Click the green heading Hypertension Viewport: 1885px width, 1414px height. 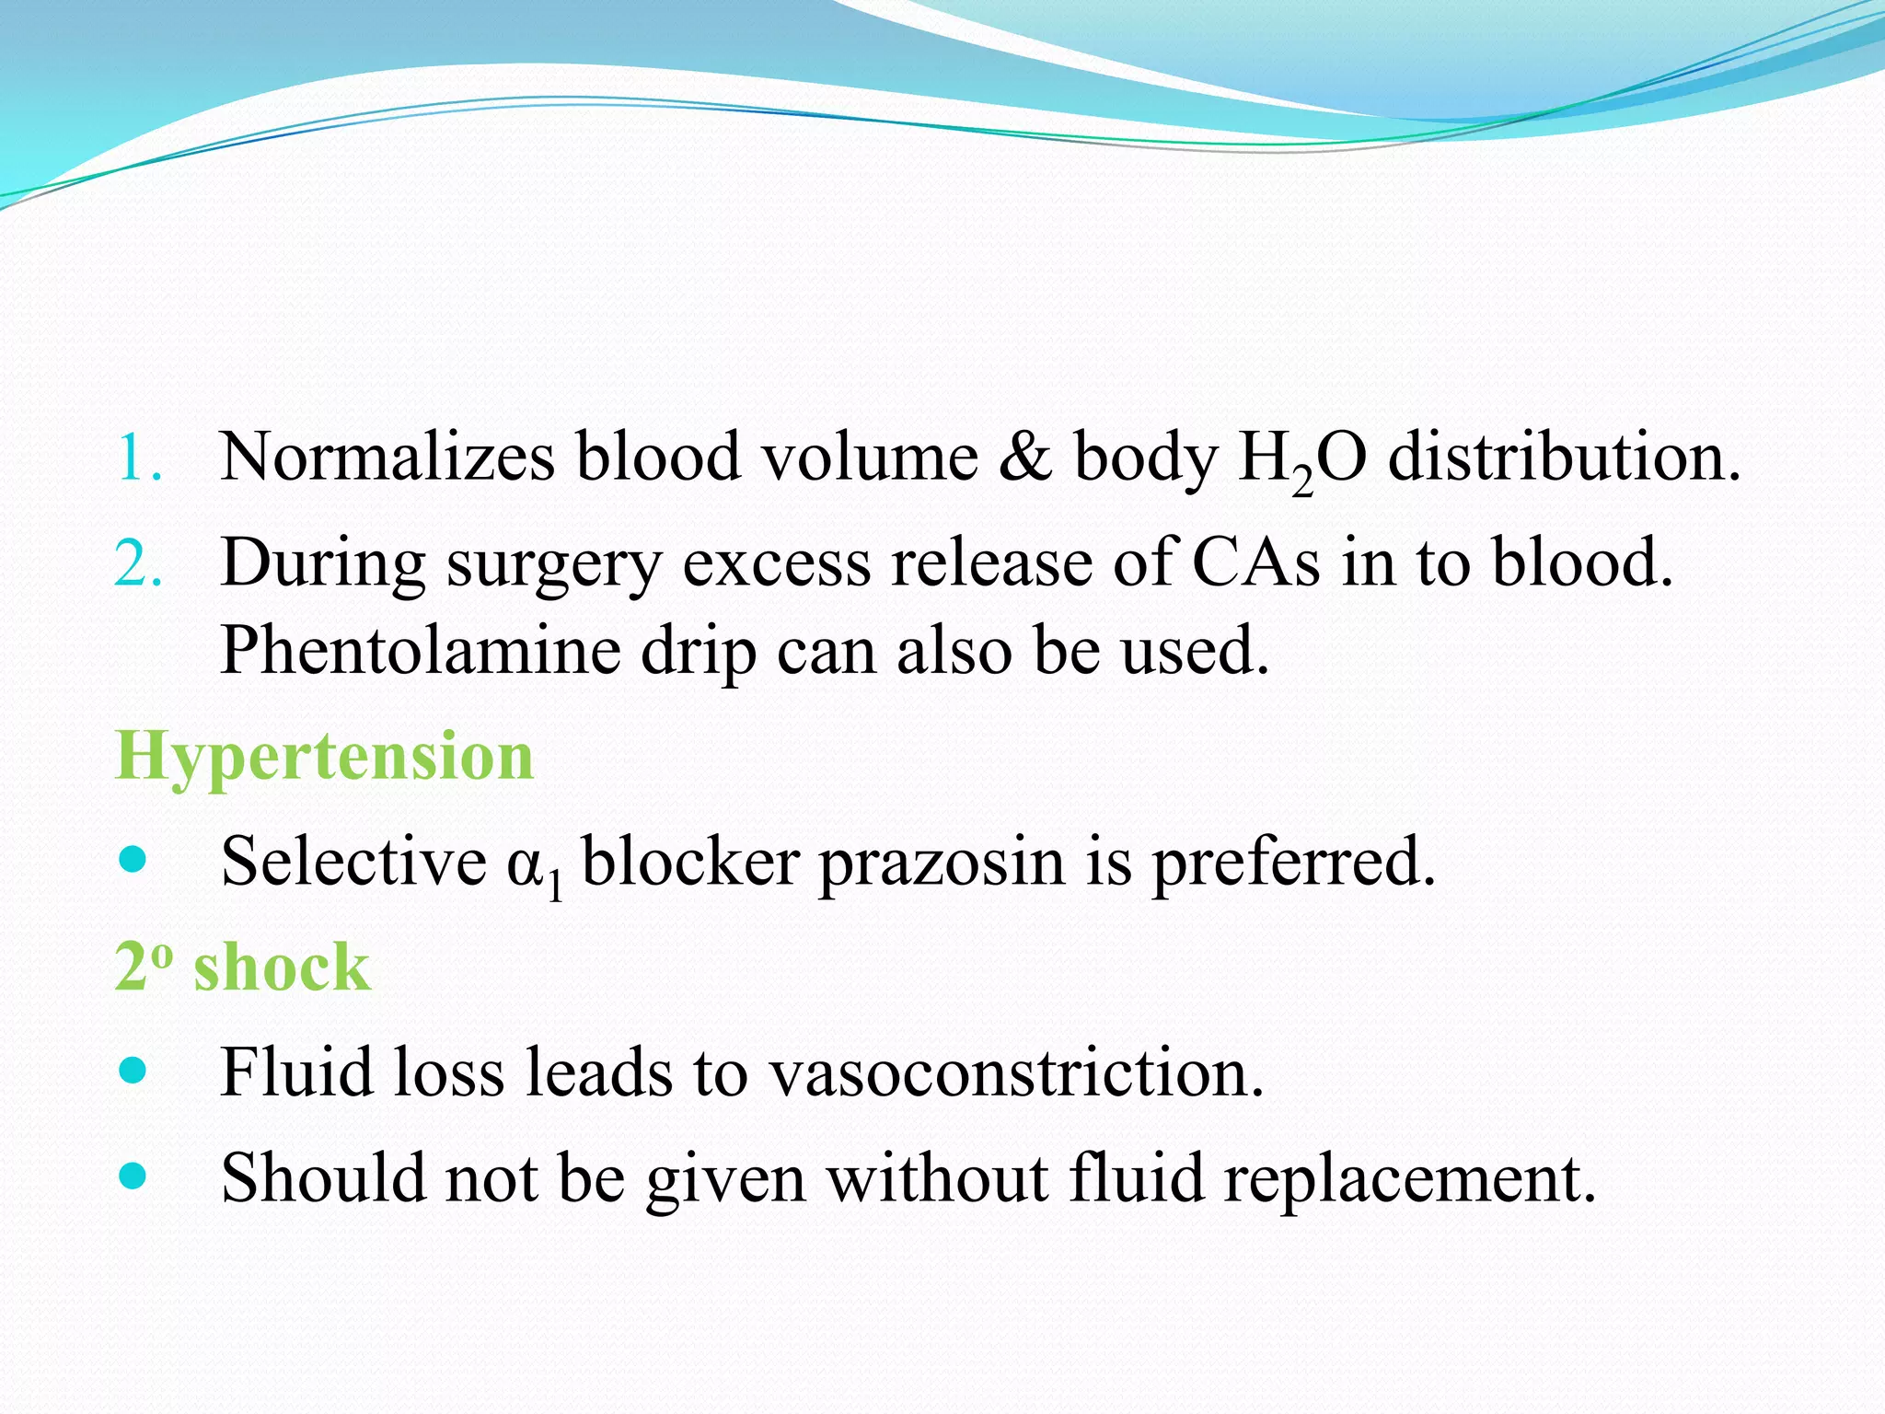point(324,756)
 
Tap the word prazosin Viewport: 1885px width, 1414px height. point(941,863)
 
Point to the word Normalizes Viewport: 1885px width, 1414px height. point(387,458)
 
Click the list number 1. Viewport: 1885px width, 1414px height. point(139,458)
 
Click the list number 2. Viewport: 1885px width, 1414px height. point(139,563)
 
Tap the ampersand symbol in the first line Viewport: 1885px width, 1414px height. point(1025,458)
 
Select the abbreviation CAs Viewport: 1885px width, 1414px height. point(1255,562)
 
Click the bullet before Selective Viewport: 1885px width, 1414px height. point(133,861)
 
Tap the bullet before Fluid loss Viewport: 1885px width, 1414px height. point(133,1071)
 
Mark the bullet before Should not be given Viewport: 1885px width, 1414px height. point(133,1176)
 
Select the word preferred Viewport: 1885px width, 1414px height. point(1293,863)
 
